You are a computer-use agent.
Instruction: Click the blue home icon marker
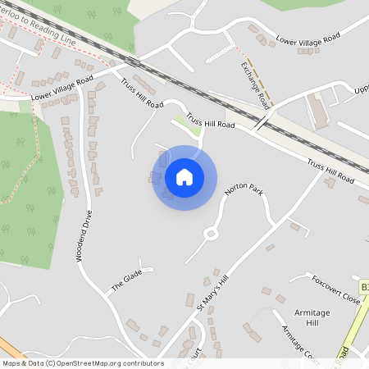(184, 177)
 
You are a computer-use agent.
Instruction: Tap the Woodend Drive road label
(84, 236)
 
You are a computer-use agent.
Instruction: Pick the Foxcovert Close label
(335, 289)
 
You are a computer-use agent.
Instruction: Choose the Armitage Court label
(299, 341)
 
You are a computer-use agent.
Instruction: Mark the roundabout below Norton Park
(212, 234)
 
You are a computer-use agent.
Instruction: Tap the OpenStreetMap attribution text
(83, 362)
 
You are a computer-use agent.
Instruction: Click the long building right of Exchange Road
(317, 111)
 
